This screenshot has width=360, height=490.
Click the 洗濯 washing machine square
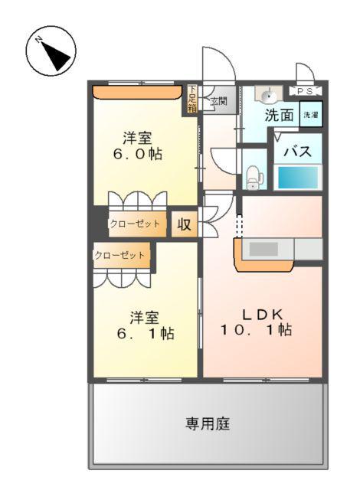(310, 114)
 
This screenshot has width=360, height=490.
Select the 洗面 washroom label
(279, 116)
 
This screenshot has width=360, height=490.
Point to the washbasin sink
(267, 95)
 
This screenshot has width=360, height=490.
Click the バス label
(298, 151)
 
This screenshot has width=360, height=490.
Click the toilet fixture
(254, 178)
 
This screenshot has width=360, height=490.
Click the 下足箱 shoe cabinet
(191, 99)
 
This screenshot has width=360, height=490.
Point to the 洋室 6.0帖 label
(138, 145)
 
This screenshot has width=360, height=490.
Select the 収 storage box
(184, 224)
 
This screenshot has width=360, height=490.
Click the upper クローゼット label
(135, 224)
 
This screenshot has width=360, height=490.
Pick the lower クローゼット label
(120, 255)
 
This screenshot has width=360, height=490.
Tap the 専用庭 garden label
(207, 423)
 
